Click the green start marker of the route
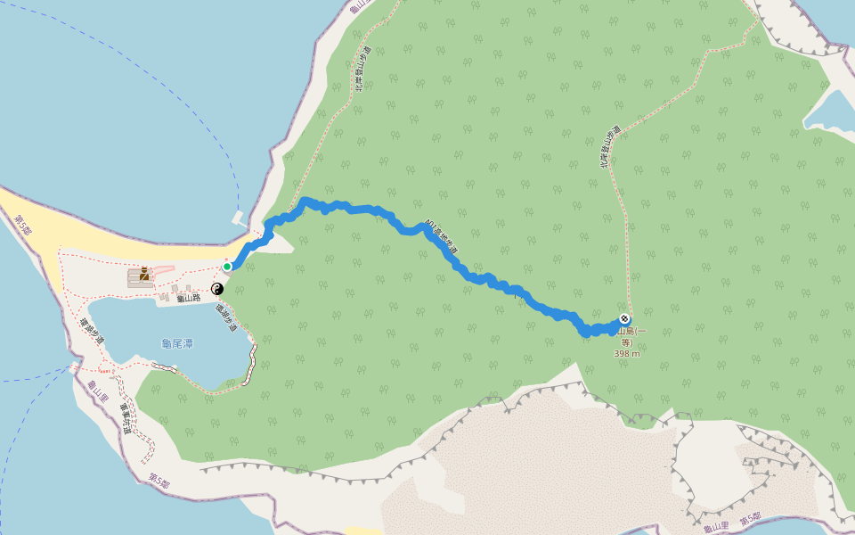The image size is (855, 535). (227, 267)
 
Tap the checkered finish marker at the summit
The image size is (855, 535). (625, 319)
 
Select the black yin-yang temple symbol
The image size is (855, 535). (216, 288)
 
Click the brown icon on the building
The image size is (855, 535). (144, 274)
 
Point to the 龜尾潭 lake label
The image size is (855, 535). (177, 343)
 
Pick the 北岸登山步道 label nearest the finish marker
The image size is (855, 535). (608, 146)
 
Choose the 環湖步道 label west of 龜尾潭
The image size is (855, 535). (93, 333)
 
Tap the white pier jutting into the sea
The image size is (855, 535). (238, 217)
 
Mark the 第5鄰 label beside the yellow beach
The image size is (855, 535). (23, 224)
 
